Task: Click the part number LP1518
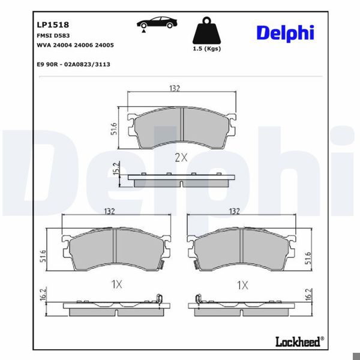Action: pyautogui.click(x=53, y=25)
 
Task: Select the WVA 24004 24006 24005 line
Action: pyautogui.click(x=76, y=45)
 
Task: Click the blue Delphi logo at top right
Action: pyautogui.click(x=285, y=32)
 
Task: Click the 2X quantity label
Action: pyautogui.click(x=181, y=158)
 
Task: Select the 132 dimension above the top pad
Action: pyautogui.click(x=174, y=89)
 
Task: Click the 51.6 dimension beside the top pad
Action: pyautogui.click(x=113, y=128)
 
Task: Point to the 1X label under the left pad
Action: pyautogui.click(x=116, y=286)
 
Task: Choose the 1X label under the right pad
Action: pyautogui.click(x=242, y=286)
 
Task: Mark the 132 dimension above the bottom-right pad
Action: pyautogui.click(x=235, y=212)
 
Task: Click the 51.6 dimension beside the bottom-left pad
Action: pyautogui.click(x=43, y=256)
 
